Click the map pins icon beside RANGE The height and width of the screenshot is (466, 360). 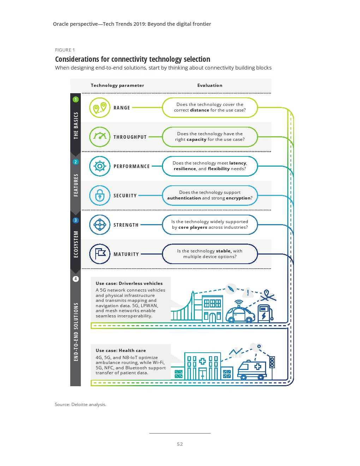[100, 108]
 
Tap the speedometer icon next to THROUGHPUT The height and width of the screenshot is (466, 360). [100, 137]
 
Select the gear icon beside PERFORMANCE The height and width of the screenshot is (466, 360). [100, 166]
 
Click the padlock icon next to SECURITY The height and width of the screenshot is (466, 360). [100, 196]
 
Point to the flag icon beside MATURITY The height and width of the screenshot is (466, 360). [100, 254]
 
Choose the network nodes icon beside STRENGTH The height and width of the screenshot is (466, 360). [100, 225]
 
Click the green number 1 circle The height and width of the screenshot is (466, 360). [76, 100]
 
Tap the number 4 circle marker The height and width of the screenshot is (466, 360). [76, 279]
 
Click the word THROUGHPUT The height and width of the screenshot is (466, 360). [130, 137]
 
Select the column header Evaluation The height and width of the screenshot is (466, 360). [210, 85]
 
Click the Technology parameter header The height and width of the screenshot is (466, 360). [117, 85]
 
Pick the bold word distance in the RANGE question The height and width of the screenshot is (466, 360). [199, 110]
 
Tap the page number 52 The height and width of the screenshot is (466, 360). [180, 444]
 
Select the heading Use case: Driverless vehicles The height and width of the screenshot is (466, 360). [129, 283]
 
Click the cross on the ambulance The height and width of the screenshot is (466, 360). [258, 366]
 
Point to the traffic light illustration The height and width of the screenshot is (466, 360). [272, 362]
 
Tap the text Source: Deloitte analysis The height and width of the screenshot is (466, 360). [80, 405]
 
